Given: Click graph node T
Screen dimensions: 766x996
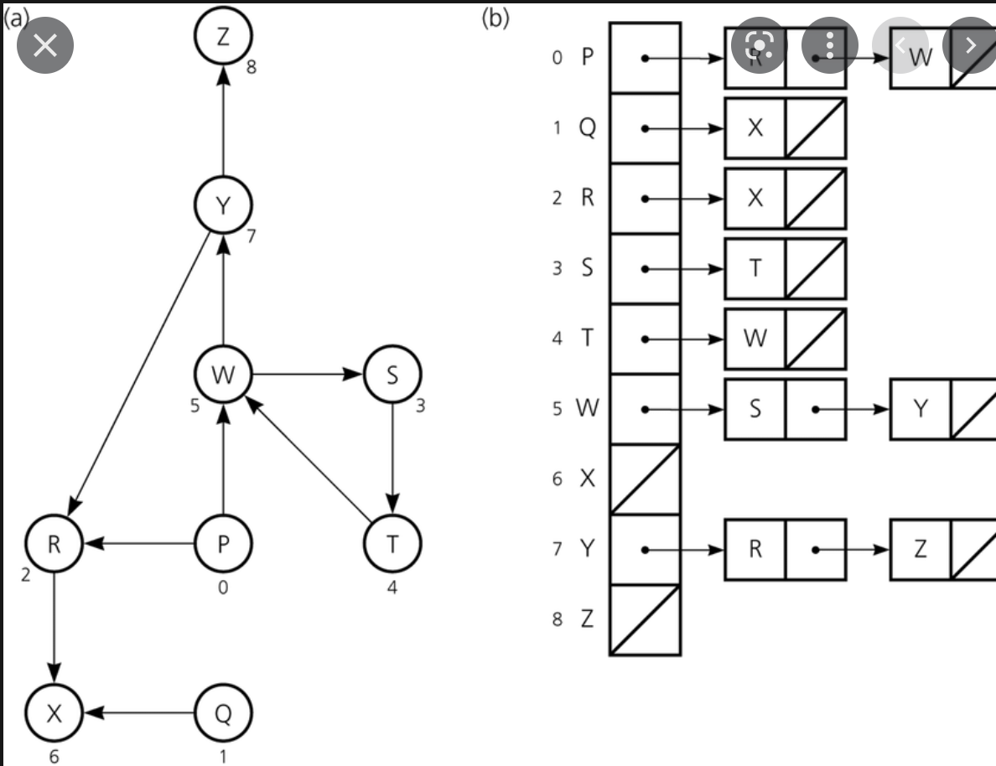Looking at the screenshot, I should pos(392,544).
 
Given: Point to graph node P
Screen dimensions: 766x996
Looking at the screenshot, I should pos(222,544).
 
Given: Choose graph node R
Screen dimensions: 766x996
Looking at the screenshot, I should pos(54,544).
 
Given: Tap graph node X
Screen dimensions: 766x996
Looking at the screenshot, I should pos(54,712).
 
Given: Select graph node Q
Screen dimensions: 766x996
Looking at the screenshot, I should pos(222,712).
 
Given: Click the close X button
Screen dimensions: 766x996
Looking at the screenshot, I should pos(45,44).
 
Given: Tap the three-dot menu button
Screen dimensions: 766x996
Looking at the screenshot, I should pos(830,44).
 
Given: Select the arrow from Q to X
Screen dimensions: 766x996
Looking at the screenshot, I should pos(138,712).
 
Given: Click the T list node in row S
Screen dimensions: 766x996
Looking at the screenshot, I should pos(755,269).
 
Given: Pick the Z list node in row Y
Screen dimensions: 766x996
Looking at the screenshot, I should pos(921,550).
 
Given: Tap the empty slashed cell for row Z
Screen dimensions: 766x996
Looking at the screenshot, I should pos(645,620).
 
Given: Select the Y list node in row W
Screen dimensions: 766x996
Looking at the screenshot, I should pos(921,409).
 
